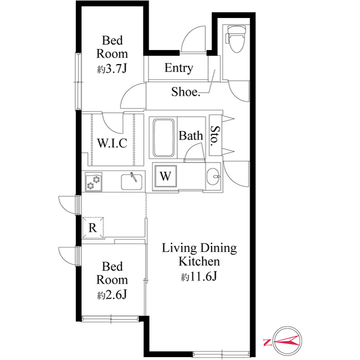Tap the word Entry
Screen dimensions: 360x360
tap(178, 69)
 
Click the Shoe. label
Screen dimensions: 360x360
tap(186, 92)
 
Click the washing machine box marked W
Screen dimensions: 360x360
tap(165, 175)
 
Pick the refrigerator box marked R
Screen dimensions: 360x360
tap(93, 227)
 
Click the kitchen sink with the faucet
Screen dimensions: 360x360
tap(132, 182)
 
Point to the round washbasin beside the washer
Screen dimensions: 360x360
tap(214, 177)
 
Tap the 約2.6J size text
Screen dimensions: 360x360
tap(112, 294)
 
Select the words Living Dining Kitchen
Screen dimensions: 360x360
tap(199, 255)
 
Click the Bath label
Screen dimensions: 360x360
tap(191, 136)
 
